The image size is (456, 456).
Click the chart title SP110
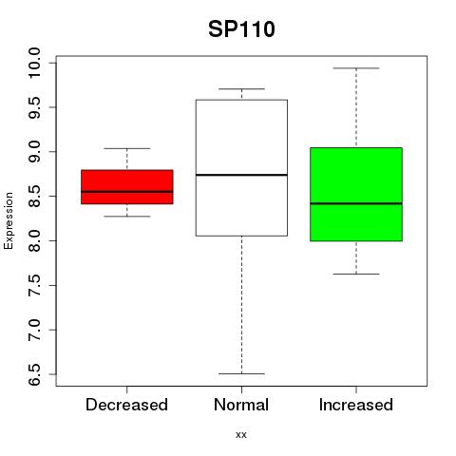(241, 29)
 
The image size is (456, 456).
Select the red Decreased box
(127, 187)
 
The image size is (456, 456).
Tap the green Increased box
(356, 194)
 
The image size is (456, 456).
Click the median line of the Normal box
(241, 175)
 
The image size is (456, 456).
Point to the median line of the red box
(127, 191)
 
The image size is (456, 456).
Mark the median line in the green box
(356, 203)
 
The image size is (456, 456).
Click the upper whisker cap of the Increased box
(356, 68)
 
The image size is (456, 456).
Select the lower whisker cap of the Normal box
(241, 373)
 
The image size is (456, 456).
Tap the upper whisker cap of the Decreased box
(127, 148)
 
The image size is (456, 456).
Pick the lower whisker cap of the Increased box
(356, 274)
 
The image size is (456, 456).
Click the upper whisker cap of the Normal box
(241, 88)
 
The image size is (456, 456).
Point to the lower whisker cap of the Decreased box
(127, 217)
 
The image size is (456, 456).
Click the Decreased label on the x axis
(126, 405)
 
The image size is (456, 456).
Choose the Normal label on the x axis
(241, 405)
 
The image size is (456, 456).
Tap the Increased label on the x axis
(356, 405)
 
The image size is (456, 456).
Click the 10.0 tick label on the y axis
(34, 63)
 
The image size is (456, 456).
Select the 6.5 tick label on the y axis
(34, 374)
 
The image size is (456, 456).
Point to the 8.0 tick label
(34, 240)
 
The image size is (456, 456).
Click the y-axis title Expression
(9, 220)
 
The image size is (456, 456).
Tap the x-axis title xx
(241, 434)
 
